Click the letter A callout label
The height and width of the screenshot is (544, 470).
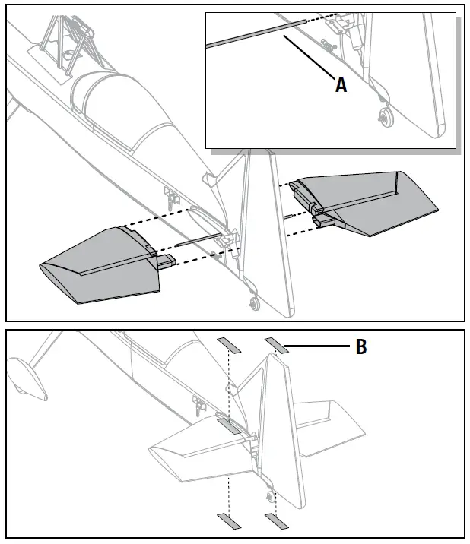pos(341,86)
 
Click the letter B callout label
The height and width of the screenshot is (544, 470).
pos(361,347)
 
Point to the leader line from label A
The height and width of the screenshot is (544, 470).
pos(308,63)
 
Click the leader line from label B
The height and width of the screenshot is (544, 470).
pos(319,347)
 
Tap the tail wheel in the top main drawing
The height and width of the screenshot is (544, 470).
pos(253,304)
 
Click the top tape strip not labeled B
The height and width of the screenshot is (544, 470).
pos(228,347)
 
